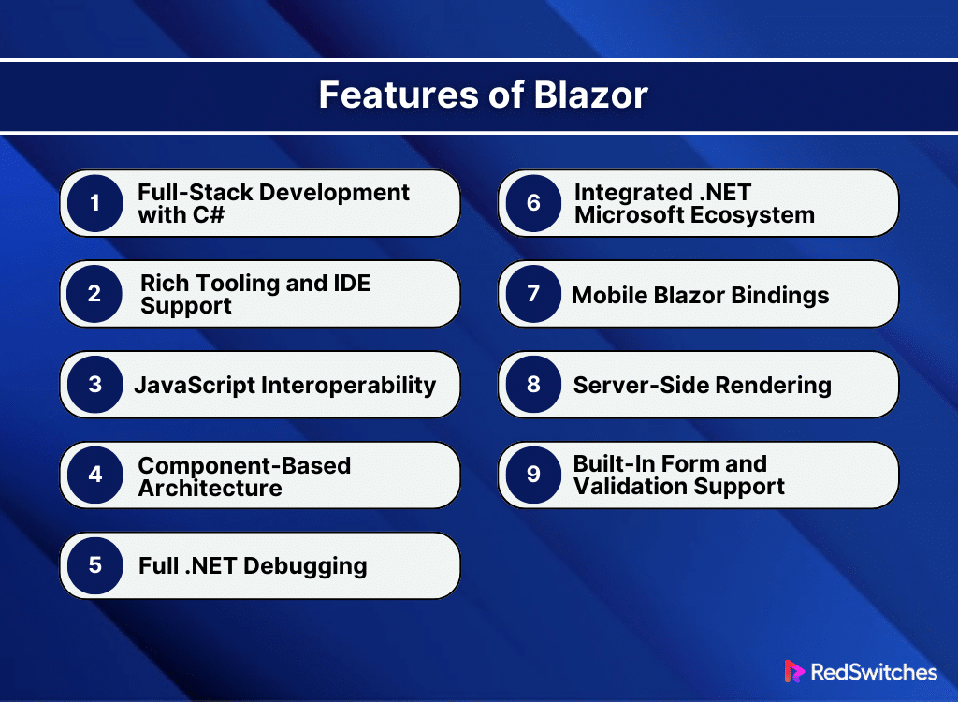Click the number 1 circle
point(94,203)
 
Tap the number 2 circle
point(94,294)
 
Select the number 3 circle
point(94,385)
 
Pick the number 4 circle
point(94,475)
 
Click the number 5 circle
point(94,565)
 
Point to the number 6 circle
point(532,203)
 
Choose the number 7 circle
point(532,294)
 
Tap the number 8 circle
point(532,385)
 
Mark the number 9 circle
point(532,475)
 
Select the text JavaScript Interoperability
point(284,385)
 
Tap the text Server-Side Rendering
point(702,385)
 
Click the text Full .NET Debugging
point(252,565)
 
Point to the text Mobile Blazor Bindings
point(700,295)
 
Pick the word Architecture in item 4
point(210,488)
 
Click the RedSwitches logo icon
point(794,672)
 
